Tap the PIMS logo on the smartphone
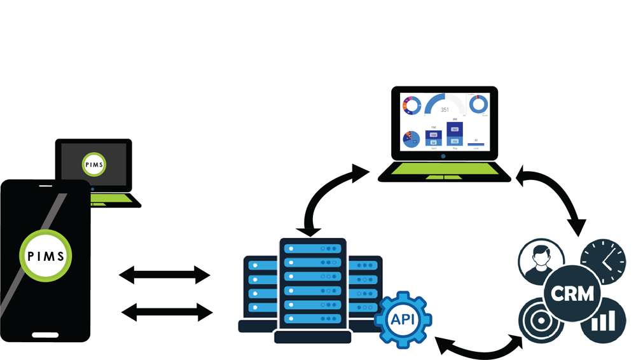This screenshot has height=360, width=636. [45, 256]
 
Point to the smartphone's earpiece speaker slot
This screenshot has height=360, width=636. [45, 186]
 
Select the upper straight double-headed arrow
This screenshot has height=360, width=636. [165, 275]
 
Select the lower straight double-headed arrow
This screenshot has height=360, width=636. [166, 312]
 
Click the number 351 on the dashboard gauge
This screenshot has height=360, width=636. [445, 109]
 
